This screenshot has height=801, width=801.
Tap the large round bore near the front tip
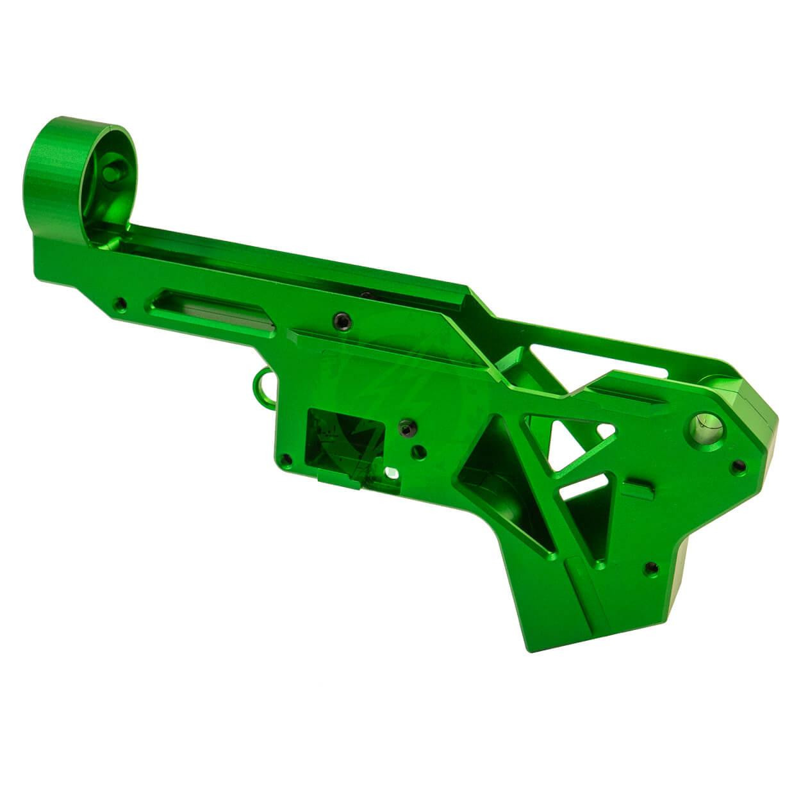(705, 425)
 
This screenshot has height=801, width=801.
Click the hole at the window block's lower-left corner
(286, 459)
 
